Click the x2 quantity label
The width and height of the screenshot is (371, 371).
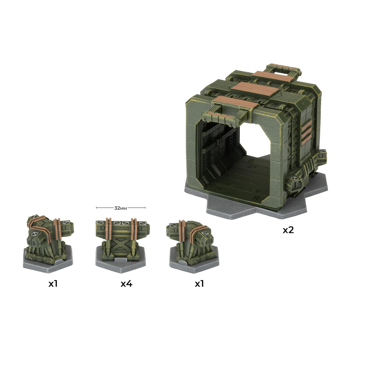point(288,230)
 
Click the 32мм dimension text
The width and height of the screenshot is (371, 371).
point(121,208)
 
